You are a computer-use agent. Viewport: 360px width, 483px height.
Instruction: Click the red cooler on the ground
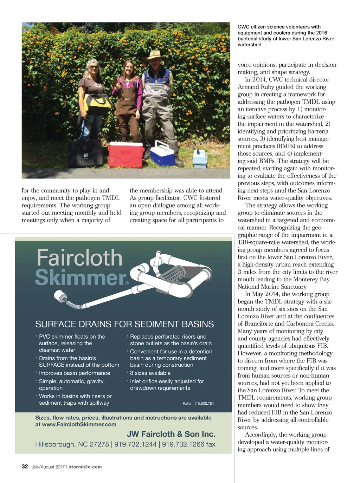[126, 155]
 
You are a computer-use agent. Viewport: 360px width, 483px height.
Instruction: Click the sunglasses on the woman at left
[93, 67]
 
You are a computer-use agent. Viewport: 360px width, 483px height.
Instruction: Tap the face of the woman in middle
[128, 67]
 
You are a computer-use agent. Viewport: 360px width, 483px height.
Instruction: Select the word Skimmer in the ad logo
[81, 278]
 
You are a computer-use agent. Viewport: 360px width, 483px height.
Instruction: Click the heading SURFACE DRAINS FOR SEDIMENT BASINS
[124, 324]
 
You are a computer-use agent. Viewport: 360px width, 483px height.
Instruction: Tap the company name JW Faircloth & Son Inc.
[171, 434]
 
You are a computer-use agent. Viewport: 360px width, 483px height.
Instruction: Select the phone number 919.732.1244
[135, 444]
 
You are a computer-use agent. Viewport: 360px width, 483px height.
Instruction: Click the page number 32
[25, 466]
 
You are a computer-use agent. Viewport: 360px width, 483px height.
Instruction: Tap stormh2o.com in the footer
[85, 467]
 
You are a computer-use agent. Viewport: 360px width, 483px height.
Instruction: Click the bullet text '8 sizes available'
[150, 373]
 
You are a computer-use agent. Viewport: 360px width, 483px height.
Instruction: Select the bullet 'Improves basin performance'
[75, 373]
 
